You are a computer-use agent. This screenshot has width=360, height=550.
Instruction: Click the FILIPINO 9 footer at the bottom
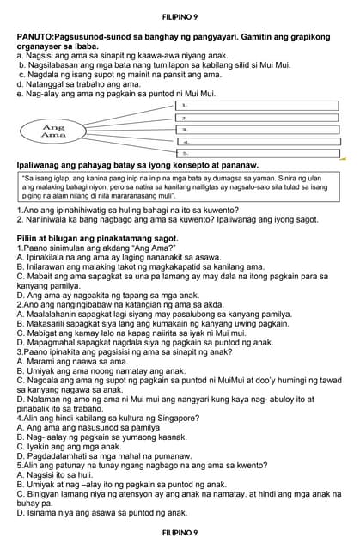[180, 533]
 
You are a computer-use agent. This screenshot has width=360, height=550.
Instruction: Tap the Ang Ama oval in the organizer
[53, 131]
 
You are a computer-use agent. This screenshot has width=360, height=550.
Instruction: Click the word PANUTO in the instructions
[35, 37]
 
